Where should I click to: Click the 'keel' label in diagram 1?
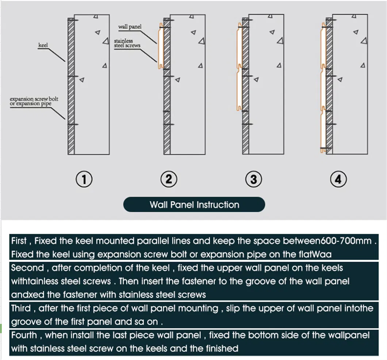43,45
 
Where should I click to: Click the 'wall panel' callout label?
130,27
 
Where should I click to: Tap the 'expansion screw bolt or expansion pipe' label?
34,101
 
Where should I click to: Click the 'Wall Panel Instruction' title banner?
194,205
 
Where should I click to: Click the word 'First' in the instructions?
19,241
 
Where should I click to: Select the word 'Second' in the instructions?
27,268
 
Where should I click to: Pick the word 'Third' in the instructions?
21,309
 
